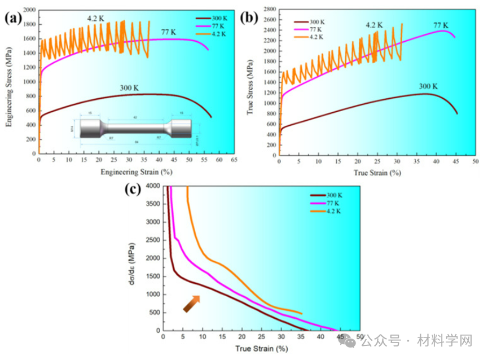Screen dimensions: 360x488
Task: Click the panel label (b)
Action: coord(249,18)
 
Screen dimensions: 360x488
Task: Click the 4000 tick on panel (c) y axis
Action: coord(152,186)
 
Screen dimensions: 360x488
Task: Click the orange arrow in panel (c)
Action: coord(191,304)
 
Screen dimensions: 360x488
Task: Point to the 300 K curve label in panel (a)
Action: coord(131,87)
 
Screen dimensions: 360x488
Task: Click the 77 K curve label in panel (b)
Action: coord(440,25)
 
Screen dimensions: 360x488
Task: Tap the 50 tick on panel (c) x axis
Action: coord(359,337)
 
